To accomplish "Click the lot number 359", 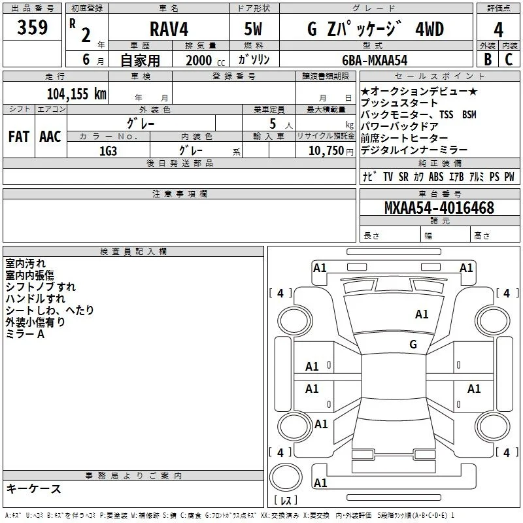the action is click(32, 27).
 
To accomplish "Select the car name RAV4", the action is click(169, 29).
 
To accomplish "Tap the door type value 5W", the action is click(253, 29).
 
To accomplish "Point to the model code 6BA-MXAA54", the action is click(375, 60).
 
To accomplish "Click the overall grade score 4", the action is click(498, 30).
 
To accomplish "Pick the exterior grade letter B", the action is click(488, 59).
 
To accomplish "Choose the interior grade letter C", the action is click(509, 59).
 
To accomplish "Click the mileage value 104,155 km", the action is click(76, 94).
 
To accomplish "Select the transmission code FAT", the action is click(19, 137).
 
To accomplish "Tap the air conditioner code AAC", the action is click(50, 137).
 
